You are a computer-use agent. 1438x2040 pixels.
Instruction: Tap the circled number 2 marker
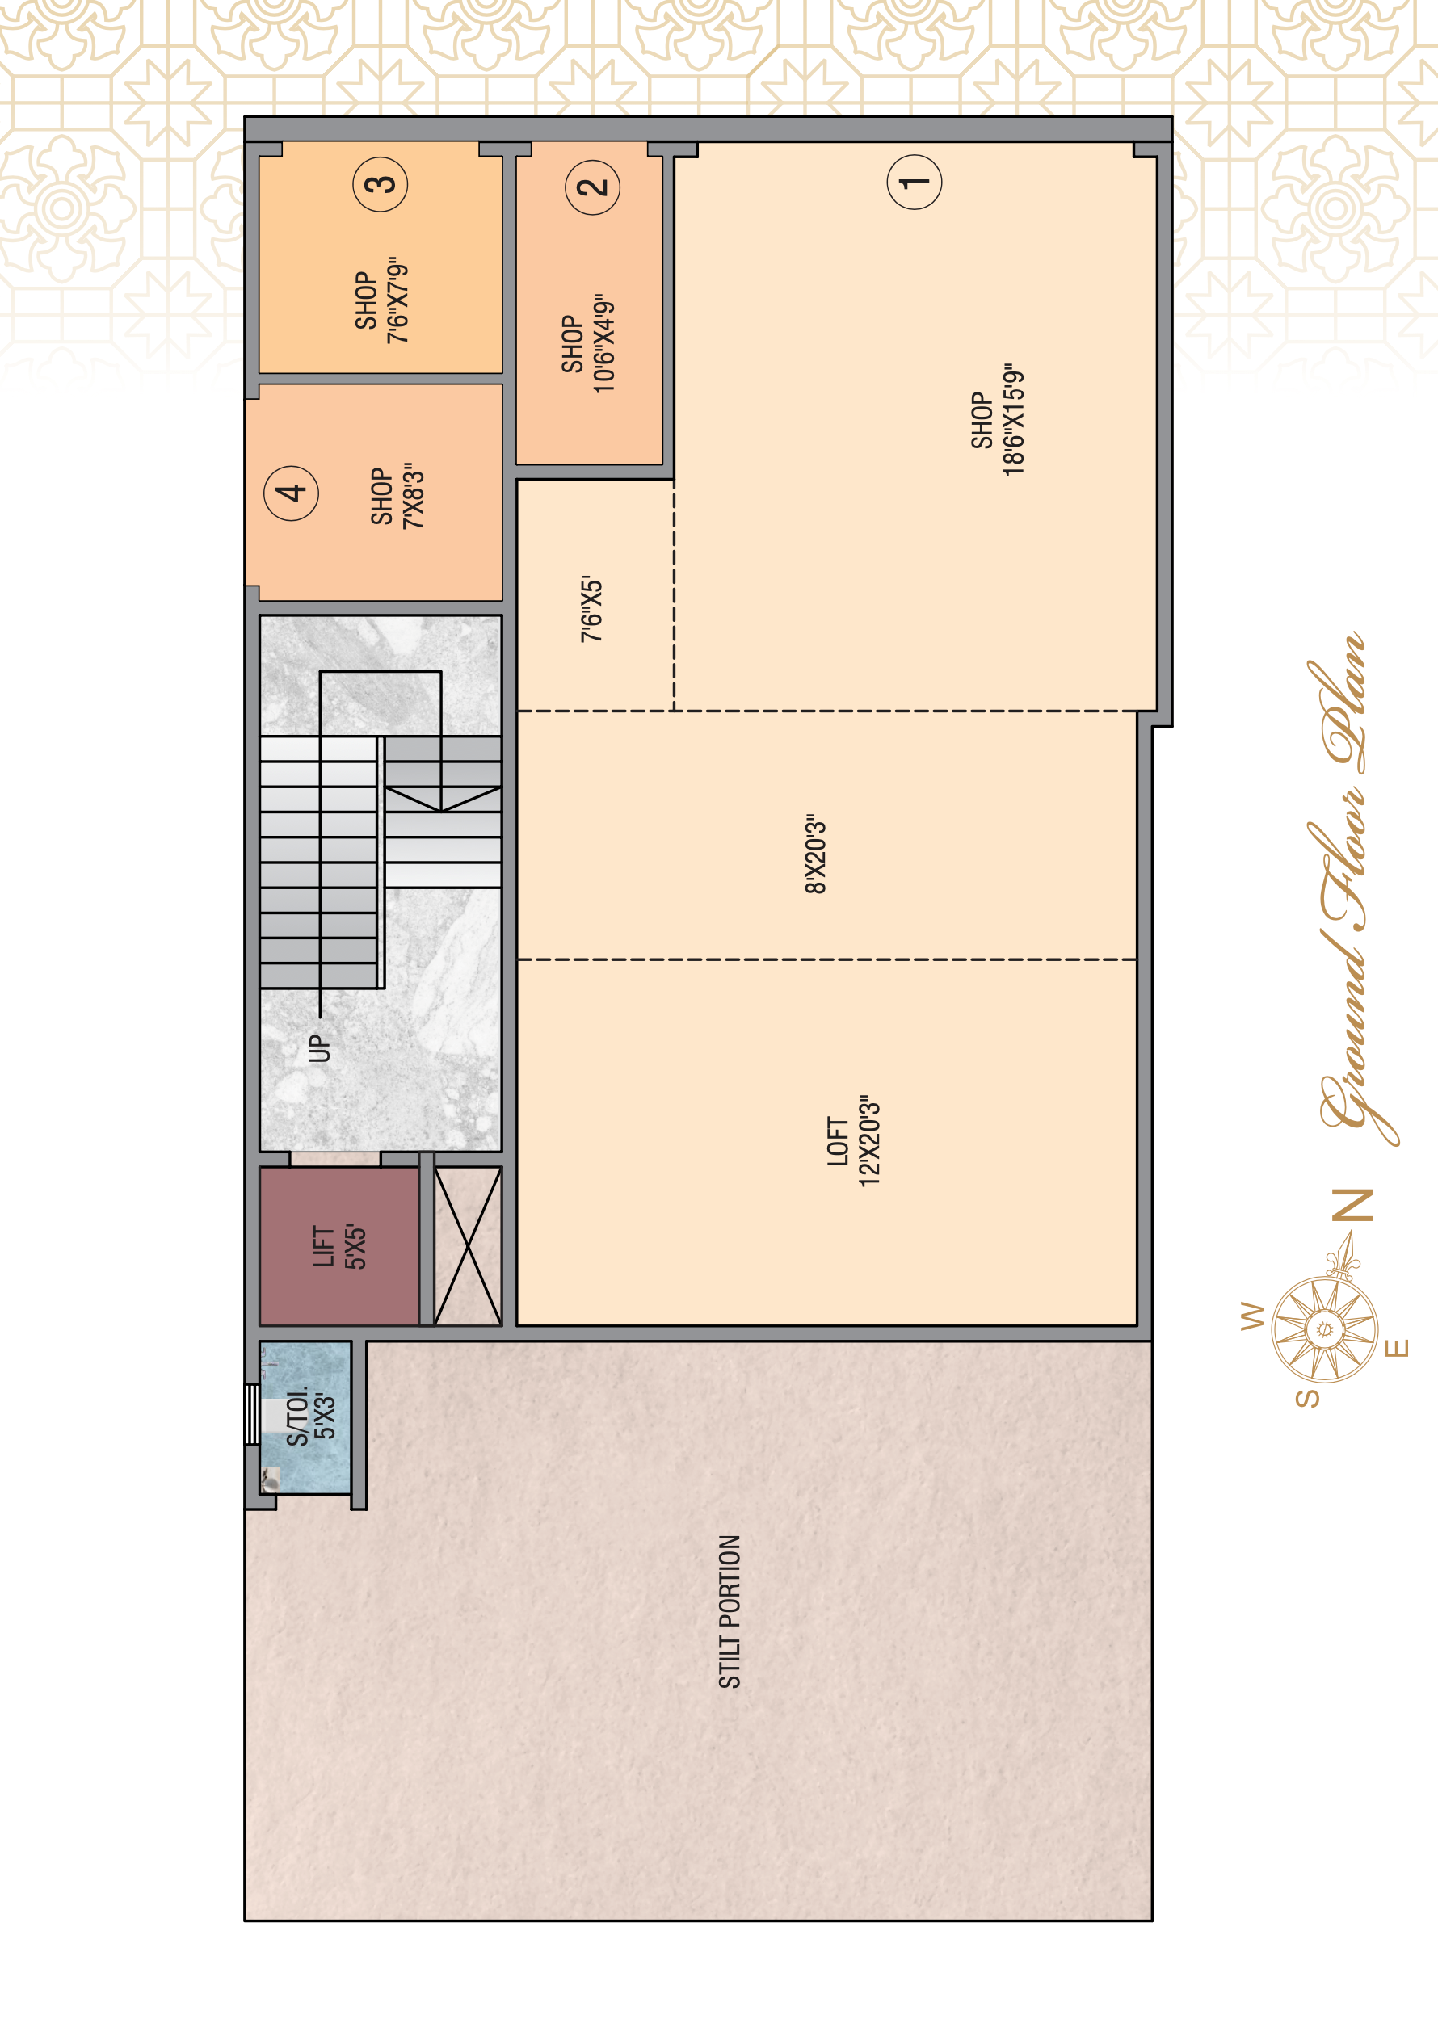tap(592, 187)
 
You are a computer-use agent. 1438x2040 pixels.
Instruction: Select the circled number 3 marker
tap(381, 184)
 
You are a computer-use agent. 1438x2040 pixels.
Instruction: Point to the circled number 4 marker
tap(292, 492)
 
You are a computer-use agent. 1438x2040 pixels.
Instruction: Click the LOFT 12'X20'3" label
tap(853, 1141)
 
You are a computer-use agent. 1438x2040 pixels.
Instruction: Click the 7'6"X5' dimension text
tap(592, 609)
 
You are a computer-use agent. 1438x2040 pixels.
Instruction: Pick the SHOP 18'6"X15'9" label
tap(997, 419)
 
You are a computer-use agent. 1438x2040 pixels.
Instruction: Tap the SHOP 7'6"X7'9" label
tap(381, 301)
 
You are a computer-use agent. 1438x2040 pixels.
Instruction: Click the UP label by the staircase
tap(319, 1048)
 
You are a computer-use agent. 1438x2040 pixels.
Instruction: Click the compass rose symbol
tap(1324, 1329)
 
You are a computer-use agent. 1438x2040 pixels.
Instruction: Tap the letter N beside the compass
tap(1356, 1206)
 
